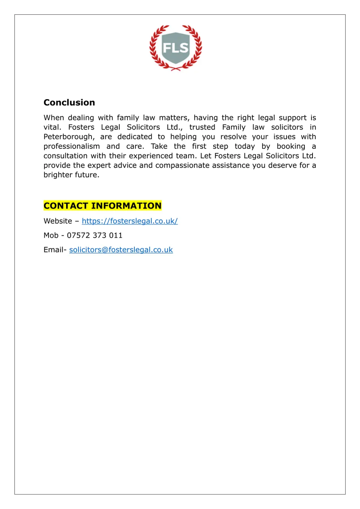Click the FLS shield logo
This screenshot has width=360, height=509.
click(x=175, y=48)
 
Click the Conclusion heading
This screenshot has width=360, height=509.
click(x=69, y=103)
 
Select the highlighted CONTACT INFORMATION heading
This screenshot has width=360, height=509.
click(x=102, y=206)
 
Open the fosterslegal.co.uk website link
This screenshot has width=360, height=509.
click(x=130, y=221)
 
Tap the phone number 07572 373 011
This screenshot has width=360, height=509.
click(x=95, y=236)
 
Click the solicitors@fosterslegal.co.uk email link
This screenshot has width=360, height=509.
click(x=121, y=250)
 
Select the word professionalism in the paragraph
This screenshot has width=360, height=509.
click(x=71, y=146)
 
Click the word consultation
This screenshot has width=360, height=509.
click(x=65, y=156)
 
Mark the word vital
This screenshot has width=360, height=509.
click(x=52, y=127)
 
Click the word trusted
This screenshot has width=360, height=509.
click(x=202, y=127)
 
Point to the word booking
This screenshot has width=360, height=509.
click(x=291, y=146)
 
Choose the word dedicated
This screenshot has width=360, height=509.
click(x=135, y=137)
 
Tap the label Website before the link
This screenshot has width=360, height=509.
click(x=58, y=221)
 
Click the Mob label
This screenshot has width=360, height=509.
click(x=51, y=236)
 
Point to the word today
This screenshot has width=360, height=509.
click(x=245, y=146)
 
